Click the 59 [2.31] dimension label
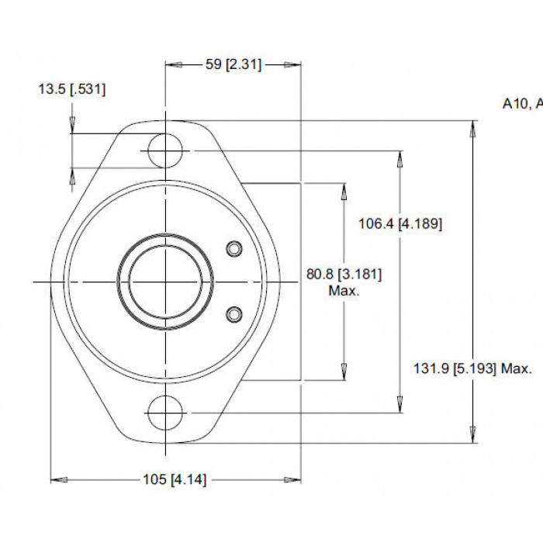[233, 64]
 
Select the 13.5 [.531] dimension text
[71, 89]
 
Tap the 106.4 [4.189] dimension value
[400, 223]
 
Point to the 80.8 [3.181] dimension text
[344, 275]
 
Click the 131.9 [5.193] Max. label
[472, 368]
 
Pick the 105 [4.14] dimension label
[175, 479]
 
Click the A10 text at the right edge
[515, 103]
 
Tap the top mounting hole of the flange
[165, 150]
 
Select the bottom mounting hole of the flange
[165, 413]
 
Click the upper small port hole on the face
[234, 249]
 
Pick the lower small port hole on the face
[234, 314]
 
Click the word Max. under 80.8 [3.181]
[344, 291]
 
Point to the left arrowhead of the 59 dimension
[174, 64]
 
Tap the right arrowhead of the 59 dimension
[292, 64]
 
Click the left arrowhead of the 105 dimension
[59, 480]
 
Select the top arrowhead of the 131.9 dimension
[472, 130]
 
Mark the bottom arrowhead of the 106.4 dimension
[400, 404]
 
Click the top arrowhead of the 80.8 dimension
[344, 192]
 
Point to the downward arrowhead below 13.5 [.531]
[72, 125]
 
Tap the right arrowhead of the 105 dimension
[292, 480]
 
